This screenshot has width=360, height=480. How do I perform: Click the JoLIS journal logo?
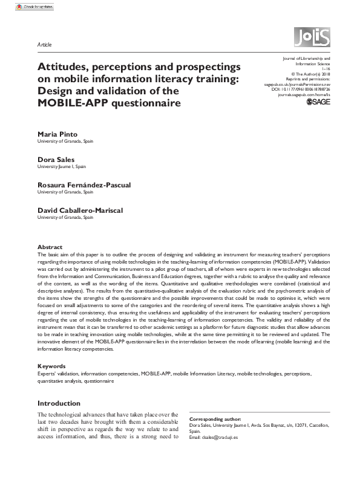312,37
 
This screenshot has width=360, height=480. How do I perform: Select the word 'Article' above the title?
44,45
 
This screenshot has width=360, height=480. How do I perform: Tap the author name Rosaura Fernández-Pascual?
84,184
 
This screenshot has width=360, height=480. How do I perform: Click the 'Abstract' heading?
50,247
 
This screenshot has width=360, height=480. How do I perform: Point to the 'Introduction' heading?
59,403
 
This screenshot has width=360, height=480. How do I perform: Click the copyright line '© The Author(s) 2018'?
310,74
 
